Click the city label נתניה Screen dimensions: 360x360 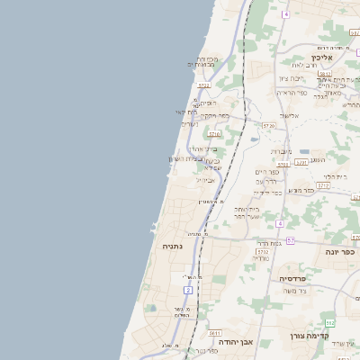tap(173, 246)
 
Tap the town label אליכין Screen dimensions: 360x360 tap(321, 58)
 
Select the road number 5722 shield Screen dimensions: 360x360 tap(204, 85)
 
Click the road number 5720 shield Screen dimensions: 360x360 tap(268, 126)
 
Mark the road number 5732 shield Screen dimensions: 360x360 tap(262, 252)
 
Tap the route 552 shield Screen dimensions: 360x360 tap(330, 321)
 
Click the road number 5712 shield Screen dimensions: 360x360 tap(323, 184)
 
